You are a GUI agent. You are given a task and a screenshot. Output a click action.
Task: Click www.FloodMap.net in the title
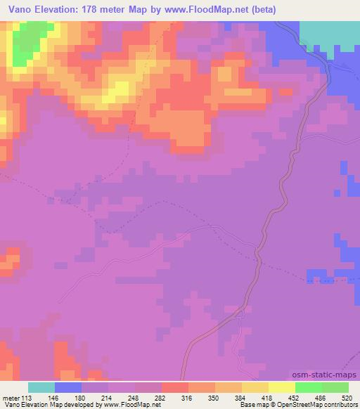(202, 10)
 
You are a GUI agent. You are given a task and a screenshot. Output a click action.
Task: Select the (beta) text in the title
(261, 10)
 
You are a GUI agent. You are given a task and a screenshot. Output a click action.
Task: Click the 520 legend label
(347, 397)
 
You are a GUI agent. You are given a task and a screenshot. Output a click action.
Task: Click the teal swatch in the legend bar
(41, 387)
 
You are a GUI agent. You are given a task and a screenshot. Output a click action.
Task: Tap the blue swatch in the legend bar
(68, 387)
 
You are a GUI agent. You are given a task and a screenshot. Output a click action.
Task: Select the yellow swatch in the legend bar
(281, 387)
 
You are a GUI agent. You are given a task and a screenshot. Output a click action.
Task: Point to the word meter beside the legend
(11, 397)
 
